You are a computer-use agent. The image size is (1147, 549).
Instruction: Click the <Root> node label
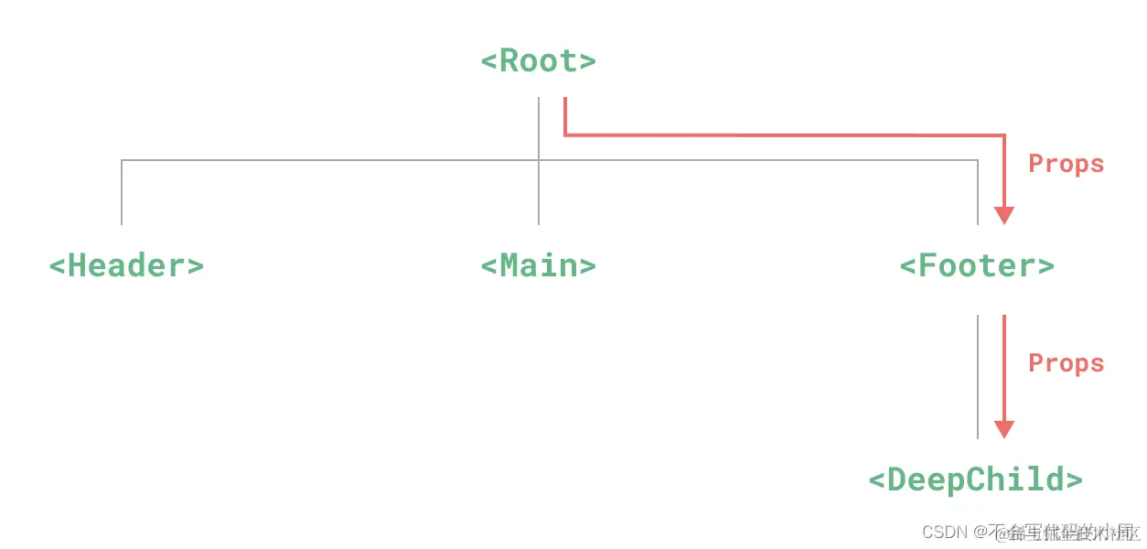click(x=538, y=61)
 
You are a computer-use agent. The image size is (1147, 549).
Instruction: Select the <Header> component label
click(x=126, y=266)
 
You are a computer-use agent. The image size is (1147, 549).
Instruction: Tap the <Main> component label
click(x=538, y=266)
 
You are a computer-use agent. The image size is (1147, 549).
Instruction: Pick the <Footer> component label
click(x=977, y=266)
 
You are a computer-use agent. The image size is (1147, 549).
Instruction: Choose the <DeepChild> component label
click(x=975, y=479)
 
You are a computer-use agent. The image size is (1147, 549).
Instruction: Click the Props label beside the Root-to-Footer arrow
click(x=1066, y=165)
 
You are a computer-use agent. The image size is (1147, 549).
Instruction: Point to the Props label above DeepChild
click(x=1066, y=363)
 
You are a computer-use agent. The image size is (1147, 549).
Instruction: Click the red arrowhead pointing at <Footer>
click(x=1004, y=216)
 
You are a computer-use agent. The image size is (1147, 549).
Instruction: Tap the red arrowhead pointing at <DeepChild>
click(x=1004, y=430)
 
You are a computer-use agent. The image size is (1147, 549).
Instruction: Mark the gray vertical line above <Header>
click(x=122, y=192)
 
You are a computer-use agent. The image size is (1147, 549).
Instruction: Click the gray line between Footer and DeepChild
click(x=978, y=375)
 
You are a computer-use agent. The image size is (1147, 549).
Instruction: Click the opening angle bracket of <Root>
click(x=489, y=62)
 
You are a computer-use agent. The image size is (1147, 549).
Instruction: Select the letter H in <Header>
click(x=78, y=266)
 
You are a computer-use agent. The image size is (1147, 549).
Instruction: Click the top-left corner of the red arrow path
click(x=565, y=135)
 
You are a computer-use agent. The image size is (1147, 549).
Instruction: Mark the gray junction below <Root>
click(x=539, y=161)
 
